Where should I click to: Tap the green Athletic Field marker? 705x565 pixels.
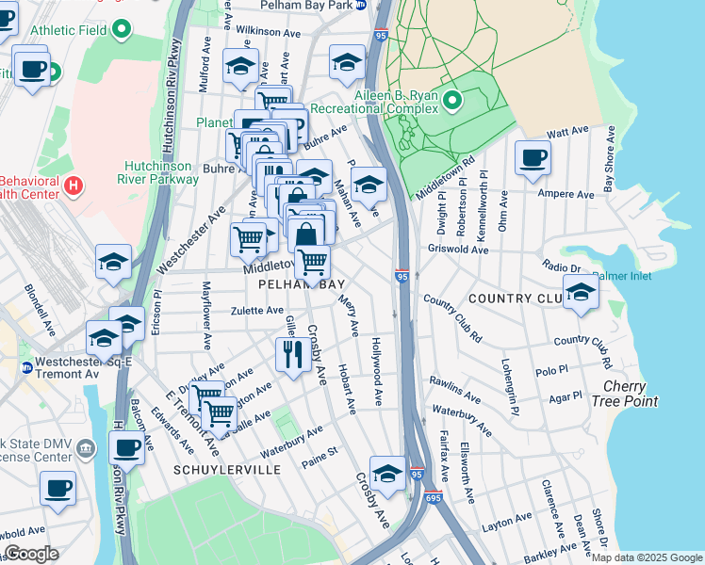tap(122, 30)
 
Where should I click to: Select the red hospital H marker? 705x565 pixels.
tap(74, 185)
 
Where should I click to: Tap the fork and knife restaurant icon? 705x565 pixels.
tap(293, 354)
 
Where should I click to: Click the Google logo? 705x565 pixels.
tap(31, 554)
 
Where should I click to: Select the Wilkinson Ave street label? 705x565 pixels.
tap(269, 31)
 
